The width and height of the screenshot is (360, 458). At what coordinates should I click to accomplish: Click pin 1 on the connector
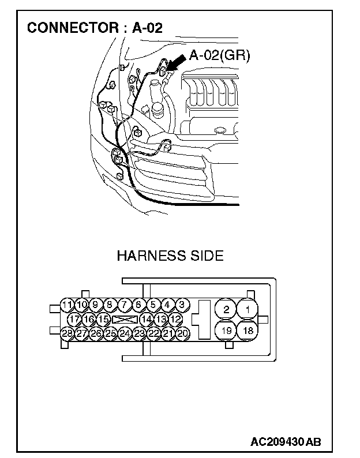tap(247, 310)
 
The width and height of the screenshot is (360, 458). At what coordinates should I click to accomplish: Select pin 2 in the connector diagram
tap(226, 310)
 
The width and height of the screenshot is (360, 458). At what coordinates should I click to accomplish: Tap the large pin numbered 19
tap(226, 331)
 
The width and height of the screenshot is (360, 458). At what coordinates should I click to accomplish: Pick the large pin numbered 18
tap(247, 331)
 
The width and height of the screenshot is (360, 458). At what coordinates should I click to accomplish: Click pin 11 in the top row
tap(67, 305)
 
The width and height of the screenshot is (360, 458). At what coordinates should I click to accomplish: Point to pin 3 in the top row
tap(181, 305)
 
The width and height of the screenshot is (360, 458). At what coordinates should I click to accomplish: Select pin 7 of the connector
tap(124, 305)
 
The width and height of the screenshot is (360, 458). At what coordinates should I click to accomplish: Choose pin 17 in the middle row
tap(74, 319)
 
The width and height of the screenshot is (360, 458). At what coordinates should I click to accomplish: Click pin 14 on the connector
tap(147, 319)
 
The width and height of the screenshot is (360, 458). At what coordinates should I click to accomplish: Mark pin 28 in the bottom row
tap(67, 333)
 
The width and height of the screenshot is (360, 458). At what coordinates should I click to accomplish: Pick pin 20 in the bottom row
tap(182, 333)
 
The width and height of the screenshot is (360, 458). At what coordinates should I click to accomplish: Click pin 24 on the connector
tap(125, 333)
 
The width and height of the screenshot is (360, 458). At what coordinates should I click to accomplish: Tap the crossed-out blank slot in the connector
tap(125, 319)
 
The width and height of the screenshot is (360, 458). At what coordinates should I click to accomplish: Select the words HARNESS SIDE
tap(170, 256)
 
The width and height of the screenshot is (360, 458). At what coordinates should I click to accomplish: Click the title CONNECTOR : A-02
tap(95, 28)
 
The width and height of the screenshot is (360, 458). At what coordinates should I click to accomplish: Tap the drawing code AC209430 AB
tap(285, 442)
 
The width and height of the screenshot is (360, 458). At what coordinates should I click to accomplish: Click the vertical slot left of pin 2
tap(204, 320)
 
